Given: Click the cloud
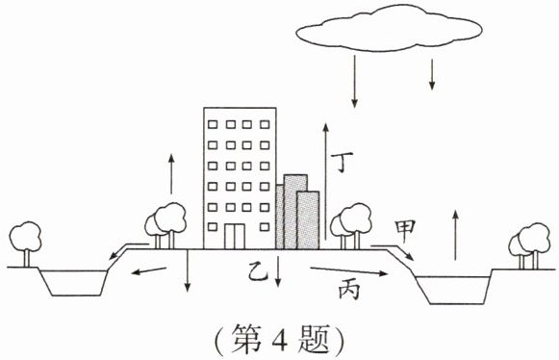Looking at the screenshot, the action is pos(389,28).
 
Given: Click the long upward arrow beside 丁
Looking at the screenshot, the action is pos(325,182).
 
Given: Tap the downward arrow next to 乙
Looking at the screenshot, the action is pos(278,271).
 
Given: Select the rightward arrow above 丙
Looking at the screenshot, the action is pos(349,271).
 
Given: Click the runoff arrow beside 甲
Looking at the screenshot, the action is pos(393,252).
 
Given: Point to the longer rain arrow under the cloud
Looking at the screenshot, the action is pos(354,82).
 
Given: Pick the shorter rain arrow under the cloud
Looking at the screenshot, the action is pos(432,74).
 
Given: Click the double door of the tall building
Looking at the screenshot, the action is pos(234,236).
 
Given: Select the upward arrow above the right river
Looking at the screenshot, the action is pos(455,235).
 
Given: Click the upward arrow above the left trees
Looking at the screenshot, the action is pos(171,174).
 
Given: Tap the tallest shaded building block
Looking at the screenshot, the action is pos(295,212).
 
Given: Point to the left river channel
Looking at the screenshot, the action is pos(73,283).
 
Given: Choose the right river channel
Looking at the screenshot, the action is pos(453,290).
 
